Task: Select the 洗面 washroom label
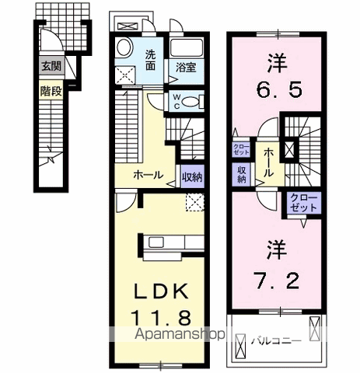154,60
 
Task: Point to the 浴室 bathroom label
185,68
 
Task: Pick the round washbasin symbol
124,51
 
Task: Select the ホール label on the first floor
148,175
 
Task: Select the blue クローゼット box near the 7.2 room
303,205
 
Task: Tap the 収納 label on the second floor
242,175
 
